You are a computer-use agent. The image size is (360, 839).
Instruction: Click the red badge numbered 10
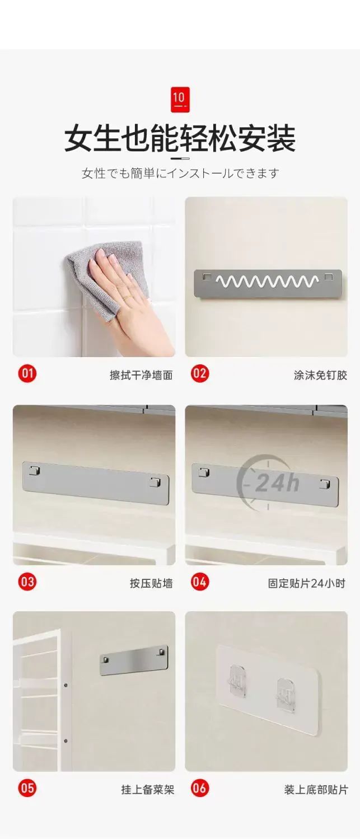tap(180, 99)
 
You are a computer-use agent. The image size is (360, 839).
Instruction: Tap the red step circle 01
tap(27, 373)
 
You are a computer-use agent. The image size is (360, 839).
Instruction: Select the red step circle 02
tap(200, 373)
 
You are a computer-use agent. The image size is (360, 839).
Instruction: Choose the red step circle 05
tap(27, 788)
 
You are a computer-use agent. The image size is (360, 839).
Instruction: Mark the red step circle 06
tap(200, 788)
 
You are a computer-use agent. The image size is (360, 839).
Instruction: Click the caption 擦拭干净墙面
tap(141, 375)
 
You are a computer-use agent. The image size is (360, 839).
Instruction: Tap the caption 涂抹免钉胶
tap(321, 375)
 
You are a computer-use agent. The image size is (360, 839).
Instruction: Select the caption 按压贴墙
tap(151, 583)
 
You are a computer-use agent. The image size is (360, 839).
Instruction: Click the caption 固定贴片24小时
tap(306, 583)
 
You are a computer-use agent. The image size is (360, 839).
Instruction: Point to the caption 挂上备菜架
tap(148, 790)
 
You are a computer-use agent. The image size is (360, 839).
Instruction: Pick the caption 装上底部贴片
tap(316, 790)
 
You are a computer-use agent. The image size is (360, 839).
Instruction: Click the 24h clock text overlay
tap(277, 483)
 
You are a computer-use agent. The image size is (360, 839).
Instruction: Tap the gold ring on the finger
tap(127, 298)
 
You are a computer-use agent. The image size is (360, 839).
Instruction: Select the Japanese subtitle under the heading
tap(180, 173)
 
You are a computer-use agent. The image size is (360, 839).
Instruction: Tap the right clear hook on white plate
tap(285, 692)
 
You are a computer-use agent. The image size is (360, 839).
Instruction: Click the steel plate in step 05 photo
tap(134, 660)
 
